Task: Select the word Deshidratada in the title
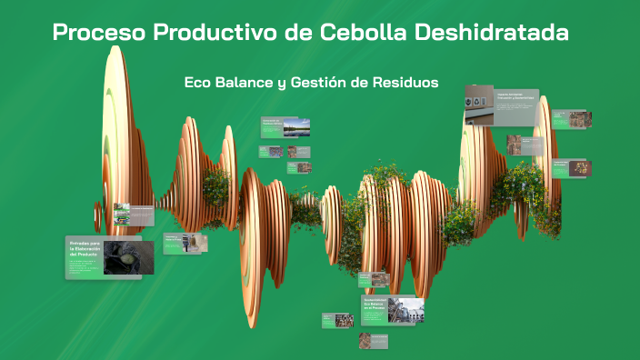492,33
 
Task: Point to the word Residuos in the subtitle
404,82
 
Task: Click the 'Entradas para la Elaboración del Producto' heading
84,248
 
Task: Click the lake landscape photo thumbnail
296,126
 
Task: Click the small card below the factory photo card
374,340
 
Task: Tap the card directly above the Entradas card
121,215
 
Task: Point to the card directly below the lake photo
298,152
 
